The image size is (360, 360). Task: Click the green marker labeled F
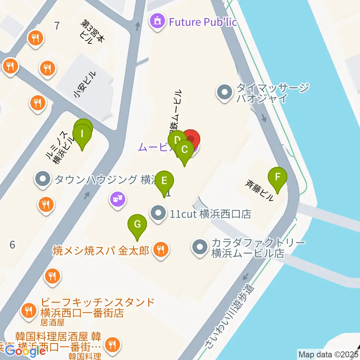(x=277, y=177)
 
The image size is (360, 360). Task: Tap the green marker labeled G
(x=137, y=225)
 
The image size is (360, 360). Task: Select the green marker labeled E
(x=164, y=180)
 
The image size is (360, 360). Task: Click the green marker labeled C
(x=184, y=149)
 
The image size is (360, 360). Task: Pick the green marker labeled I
(x=82, y=133)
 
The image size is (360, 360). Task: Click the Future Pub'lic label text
(x=203, y=22)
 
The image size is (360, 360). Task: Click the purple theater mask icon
(x=117, y=198)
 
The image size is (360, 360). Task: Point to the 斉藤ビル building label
(x=260, y=190)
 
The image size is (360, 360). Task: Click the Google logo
(x=25, y=351)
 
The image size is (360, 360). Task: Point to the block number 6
(x=12, y=245)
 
